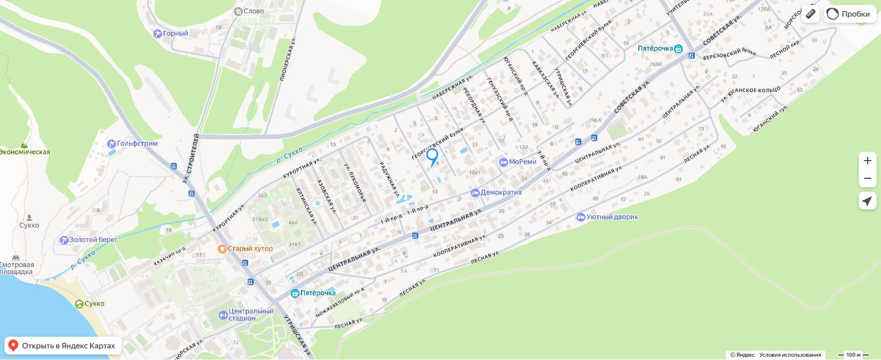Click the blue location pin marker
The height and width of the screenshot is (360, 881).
pos(432,156)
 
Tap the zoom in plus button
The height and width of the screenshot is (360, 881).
pos(867,161)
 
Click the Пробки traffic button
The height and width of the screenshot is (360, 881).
pos(849,14)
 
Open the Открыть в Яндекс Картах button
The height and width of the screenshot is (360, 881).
pos(63,346)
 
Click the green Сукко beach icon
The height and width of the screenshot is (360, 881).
pos(80,304)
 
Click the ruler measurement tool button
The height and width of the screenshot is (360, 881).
pos(811,14)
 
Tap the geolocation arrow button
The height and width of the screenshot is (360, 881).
pos(867,200)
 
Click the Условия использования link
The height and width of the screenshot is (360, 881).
pos(790,355)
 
